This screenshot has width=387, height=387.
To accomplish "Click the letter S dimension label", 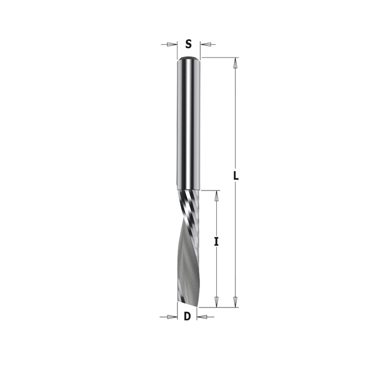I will (x=188, y=44).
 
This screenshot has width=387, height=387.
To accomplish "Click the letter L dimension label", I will (x=236, y=176).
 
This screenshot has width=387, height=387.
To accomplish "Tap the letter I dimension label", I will (x=216, y=242).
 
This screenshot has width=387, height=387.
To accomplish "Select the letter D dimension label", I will (x=187, y=316).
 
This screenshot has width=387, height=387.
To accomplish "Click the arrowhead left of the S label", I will (x=172, y=44).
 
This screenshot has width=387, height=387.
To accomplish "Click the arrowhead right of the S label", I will (x=205, y=44).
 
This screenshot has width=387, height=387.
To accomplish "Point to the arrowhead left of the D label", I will (x=173, y=317).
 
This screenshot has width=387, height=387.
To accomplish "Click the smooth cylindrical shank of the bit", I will (x=188, y=124).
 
